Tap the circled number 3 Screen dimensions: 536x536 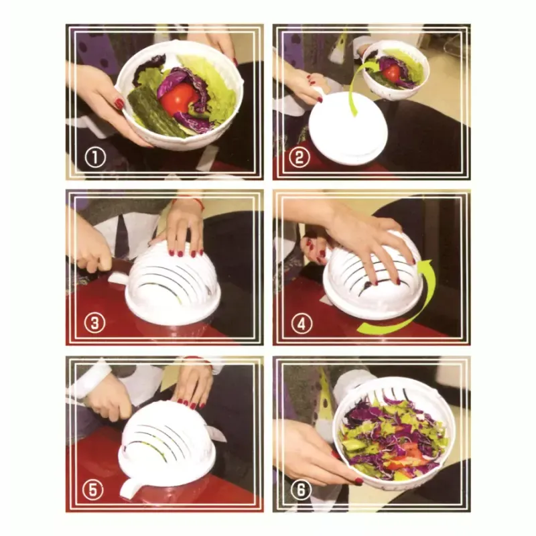[94, 324]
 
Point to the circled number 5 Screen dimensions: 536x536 [94, 490]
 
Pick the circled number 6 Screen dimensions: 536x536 [301, 490]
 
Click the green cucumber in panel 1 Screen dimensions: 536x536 [151, 112]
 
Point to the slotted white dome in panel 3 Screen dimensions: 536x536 [173, 285]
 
